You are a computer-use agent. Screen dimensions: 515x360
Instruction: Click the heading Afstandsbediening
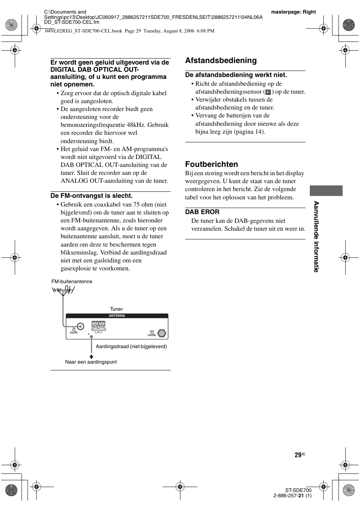[221, 60]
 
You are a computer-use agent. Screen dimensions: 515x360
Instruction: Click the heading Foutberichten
[211, 164]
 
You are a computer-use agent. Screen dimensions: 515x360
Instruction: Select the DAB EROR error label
[202, 212]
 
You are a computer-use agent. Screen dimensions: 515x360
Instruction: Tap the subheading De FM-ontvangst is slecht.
[92, 196]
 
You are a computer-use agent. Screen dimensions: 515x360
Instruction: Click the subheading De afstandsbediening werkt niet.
[236, 75]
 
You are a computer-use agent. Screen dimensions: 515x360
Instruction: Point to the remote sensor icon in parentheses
[268, 92]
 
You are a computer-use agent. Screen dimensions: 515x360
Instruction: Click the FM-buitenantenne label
[72, 282]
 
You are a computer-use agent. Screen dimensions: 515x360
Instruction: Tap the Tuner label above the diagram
[116, 309]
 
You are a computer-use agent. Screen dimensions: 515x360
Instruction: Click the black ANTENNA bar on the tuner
[117, 316]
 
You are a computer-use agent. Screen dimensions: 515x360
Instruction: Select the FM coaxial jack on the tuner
[80, 327]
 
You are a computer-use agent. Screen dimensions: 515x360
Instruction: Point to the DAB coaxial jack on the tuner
[162, 333]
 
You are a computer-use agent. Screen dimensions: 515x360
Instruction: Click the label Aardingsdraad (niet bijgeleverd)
[131, 346]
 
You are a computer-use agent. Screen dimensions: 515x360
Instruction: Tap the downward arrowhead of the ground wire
[91, 356]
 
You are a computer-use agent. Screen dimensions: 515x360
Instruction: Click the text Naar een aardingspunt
[91, 362]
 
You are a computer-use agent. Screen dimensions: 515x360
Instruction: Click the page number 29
[298, 455]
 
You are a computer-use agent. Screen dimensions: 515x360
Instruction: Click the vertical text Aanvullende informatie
[316, 237]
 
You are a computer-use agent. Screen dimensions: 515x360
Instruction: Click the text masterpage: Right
[293, 12]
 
